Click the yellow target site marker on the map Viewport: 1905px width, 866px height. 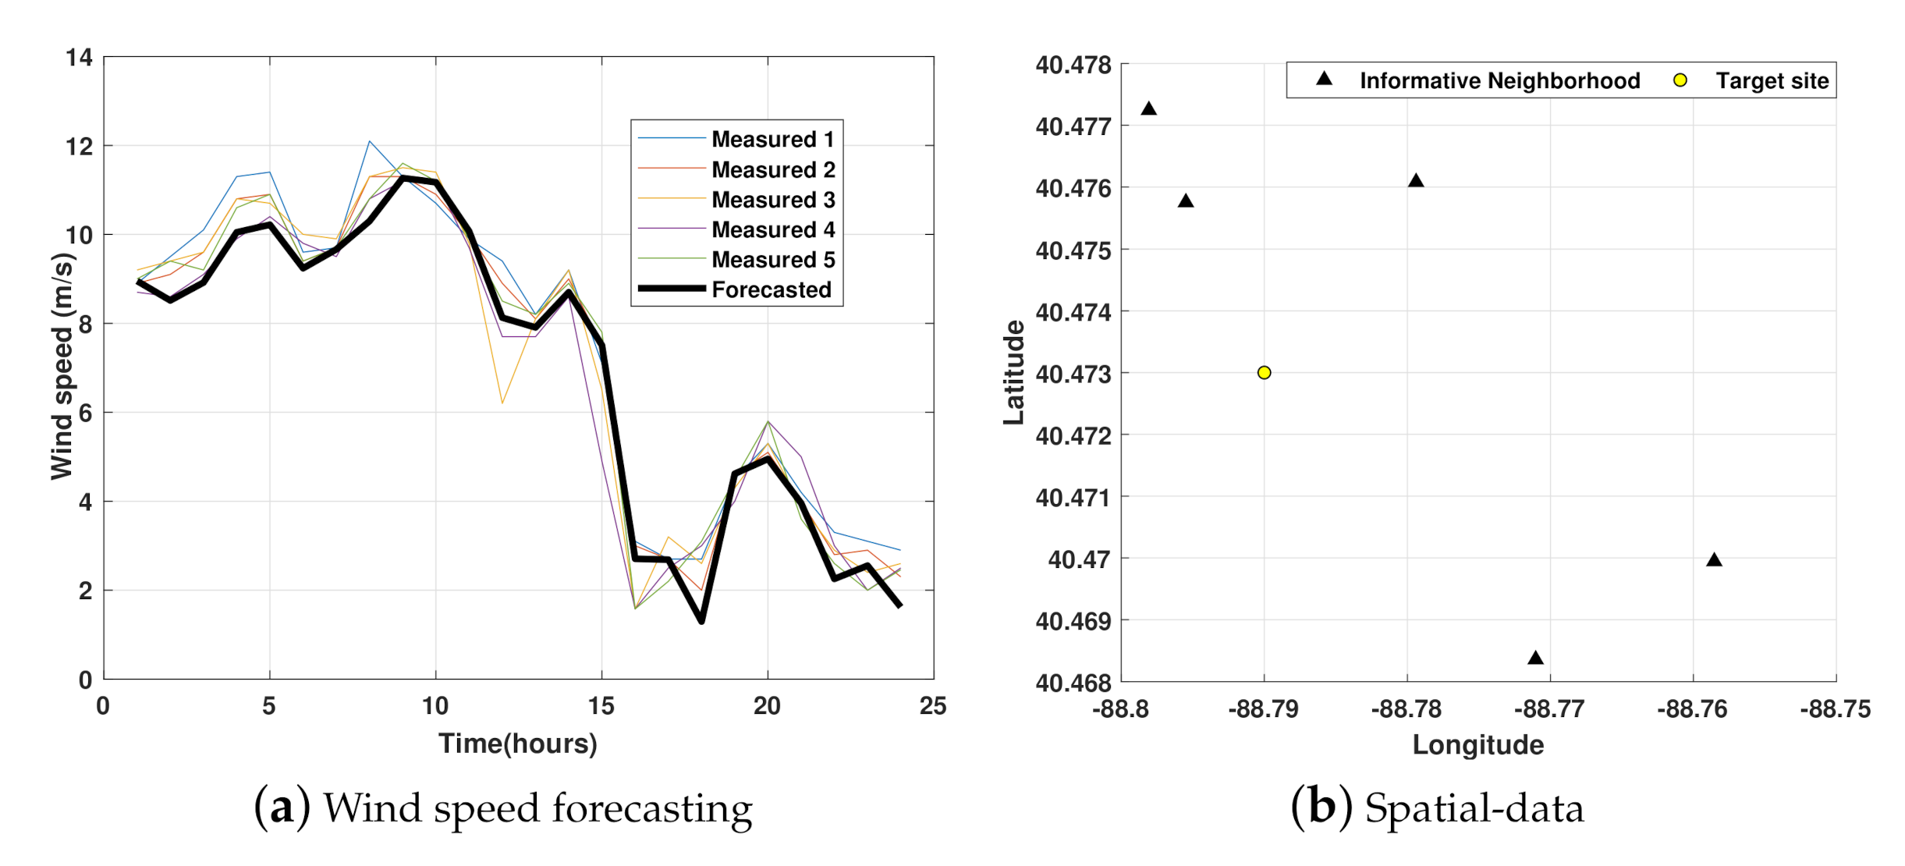tap(1264, 373)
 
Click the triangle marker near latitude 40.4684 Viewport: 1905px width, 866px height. tap(1535, 658)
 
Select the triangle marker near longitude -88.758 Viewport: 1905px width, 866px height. tap(1714, 560)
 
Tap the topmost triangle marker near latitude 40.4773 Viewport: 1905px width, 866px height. tap(1148, 109)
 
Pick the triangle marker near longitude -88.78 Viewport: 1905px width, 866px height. tap(1416, 182)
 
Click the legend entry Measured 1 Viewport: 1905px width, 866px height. tap(772, 140)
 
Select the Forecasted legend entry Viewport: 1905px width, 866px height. tap(771, 290)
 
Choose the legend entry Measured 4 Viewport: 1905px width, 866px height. tap(772, 230)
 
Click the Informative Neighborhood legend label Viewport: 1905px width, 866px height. tap(1499, 81)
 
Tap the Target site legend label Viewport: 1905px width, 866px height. tap(1772, 81)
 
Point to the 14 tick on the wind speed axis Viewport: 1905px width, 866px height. tap(79, 58)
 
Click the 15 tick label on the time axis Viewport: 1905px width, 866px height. tap(601, 706)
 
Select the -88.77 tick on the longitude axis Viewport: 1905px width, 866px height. tap(1549, 709)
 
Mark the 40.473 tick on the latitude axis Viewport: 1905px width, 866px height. tap(1073, 374)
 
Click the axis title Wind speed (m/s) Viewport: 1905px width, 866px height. tap(62, 367)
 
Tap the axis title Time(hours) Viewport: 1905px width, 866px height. tap(517, 744)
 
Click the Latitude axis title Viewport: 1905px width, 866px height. tap(1013, 372)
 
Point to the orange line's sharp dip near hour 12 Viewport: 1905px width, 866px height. tap(502, 403)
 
